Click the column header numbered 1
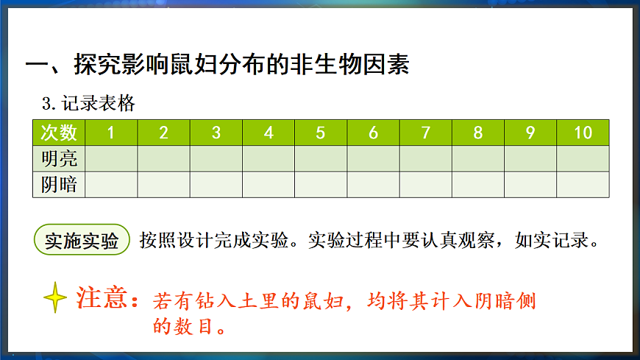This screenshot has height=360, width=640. tap(111, 133)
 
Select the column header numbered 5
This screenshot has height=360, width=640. tap(321, 133)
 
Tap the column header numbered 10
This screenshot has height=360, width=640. tap(583, 133)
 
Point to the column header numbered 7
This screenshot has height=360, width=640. tap(426, 133)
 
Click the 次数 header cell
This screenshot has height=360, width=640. tap(59, 133)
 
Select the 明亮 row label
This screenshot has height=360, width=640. tap(59, 158)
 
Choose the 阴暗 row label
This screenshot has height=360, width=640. tap(59, 184)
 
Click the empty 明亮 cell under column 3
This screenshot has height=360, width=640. tap(216, 158)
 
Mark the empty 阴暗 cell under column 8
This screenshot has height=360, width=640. tap(478, 184)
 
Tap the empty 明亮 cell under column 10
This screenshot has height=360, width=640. tap(583, 158)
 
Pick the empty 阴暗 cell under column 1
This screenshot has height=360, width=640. tap(111, 184)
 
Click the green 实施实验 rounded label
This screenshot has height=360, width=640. tap(82, 241)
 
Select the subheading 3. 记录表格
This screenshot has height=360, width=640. tap(89, 103)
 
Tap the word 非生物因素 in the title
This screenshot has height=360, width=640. tap(345, 64)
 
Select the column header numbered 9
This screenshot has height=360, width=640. tap(530, 133)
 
